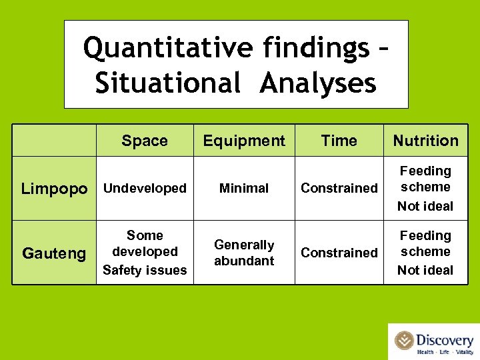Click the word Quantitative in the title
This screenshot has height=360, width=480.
(168, 49)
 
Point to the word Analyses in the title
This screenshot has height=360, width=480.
(319, 83)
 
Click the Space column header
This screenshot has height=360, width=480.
(145, 141)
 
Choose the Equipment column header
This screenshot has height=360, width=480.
(244, 141)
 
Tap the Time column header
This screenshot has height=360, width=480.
(339, 141)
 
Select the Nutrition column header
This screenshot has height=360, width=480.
(425, 141)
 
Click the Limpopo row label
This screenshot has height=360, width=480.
(54, 189)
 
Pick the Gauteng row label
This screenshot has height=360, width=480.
(54, 253)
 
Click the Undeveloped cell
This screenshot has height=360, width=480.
(145, 189)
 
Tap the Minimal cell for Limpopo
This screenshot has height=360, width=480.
(244, 189)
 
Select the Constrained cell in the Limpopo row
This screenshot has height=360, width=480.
(339, 189)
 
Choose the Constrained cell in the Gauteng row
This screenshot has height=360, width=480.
(339, 253)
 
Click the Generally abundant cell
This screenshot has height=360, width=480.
(244, 253)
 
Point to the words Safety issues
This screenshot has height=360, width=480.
(145, 270)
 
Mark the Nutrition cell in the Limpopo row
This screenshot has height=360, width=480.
(425, 189)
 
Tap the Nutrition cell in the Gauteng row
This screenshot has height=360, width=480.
(425, 253)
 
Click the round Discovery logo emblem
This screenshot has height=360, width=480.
(404, 340)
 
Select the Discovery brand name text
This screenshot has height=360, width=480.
(445, 339)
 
